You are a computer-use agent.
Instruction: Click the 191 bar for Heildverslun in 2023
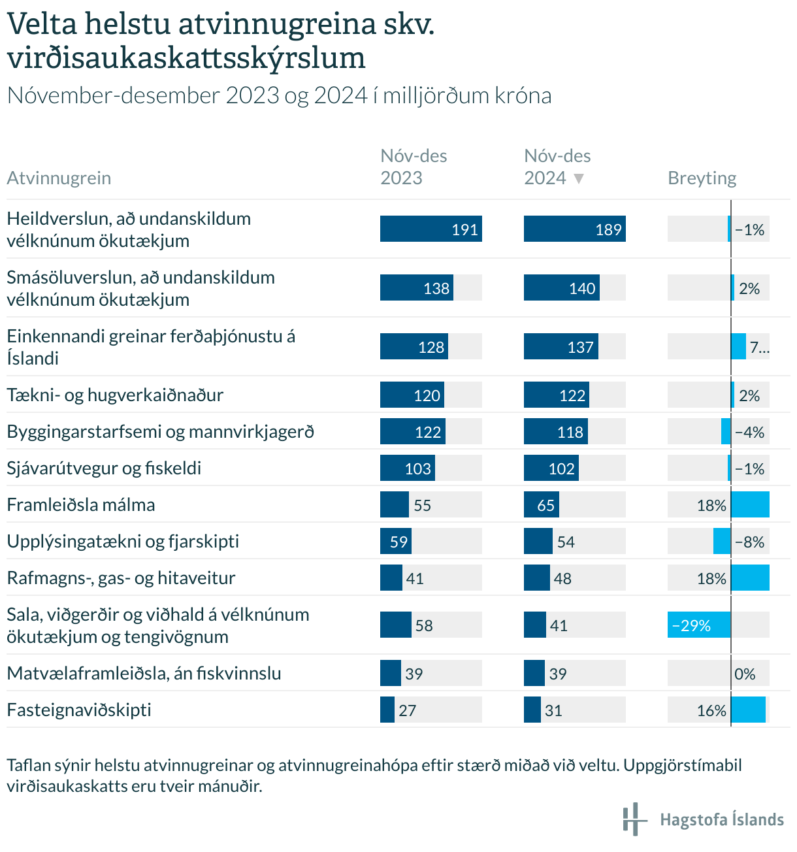tap(431, 229)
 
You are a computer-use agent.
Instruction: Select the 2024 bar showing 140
tap(562, 287)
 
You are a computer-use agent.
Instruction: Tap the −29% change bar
tap(699, 625)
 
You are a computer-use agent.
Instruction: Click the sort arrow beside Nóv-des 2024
tap(579, 178)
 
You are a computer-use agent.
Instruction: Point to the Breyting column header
tap(702, 178)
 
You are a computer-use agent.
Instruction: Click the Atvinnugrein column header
tap(59, 178)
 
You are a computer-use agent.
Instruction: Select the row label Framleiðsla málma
tap(80, 504)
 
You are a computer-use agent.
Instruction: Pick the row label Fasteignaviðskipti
tap(79, 710)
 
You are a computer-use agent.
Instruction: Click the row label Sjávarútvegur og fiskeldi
tap(104, 468)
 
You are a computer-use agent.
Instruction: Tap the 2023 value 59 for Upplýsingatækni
tap(398, 542)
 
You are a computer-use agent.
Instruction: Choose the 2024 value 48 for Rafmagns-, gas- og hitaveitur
tap(562, 578)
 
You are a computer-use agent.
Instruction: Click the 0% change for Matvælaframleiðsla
tap(745, 674)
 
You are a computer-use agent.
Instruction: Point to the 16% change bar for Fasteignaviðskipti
tap(748, 710)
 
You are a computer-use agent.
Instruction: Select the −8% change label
tap(749, 542)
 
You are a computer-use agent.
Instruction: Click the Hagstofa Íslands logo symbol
tap(634, 819)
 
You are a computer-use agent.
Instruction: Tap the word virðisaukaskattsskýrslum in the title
tap(186, 58)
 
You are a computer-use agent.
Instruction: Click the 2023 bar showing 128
tap(414, 346)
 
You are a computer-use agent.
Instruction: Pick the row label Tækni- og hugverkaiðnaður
tap(115, 395)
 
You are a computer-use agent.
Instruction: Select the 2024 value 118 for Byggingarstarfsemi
tap(570, 432)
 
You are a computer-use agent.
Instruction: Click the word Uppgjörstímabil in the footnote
tap(683, 766)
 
